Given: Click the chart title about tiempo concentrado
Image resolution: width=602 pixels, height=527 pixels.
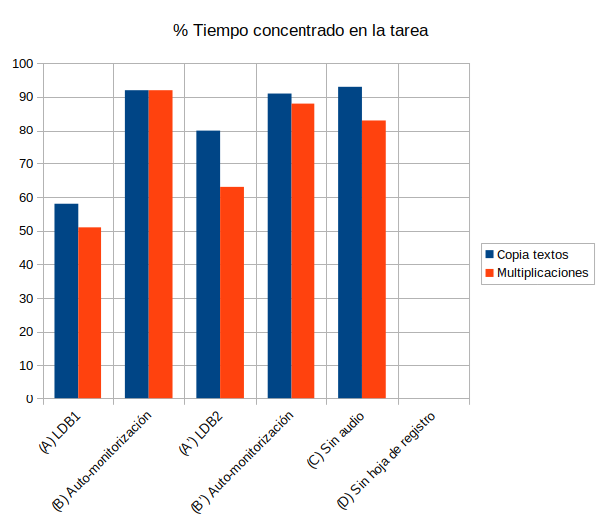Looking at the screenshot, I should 301,31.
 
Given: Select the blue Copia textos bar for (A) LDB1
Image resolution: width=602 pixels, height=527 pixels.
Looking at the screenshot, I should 66,301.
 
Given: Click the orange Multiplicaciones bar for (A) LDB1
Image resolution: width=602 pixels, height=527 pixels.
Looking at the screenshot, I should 90,313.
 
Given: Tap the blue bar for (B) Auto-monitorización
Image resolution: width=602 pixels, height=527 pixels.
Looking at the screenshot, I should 136,244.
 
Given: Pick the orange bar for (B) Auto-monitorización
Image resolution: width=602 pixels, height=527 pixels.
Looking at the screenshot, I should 160,244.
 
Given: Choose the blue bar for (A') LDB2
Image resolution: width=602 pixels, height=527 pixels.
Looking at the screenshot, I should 208,264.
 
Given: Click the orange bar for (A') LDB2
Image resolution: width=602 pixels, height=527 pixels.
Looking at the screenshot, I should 232,293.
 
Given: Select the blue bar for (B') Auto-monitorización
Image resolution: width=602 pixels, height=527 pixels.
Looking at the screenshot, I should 279,246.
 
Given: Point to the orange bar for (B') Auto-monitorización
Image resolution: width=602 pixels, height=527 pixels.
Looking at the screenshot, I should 302,251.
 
